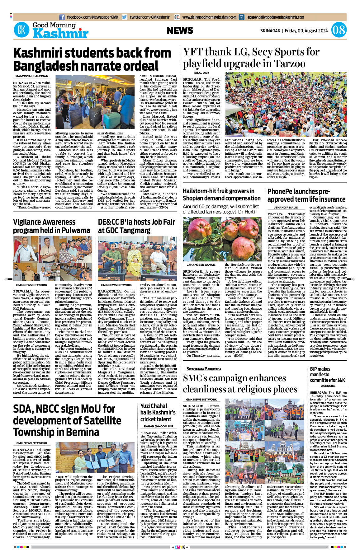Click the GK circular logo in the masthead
21,30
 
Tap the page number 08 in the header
339,30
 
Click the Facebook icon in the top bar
62,17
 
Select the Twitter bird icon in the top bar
125,17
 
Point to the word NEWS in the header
180,30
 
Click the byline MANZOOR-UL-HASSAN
32,76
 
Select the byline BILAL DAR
201,73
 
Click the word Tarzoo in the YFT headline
290,64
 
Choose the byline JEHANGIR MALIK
286,207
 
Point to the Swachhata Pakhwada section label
204,369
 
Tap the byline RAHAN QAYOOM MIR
159,426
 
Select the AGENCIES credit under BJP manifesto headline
328,386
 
